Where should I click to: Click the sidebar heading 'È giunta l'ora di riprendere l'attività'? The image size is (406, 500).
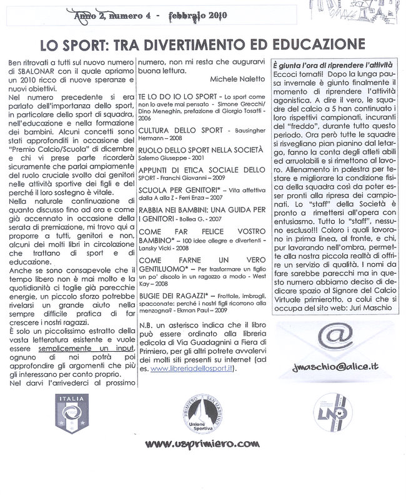point(332,66)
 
